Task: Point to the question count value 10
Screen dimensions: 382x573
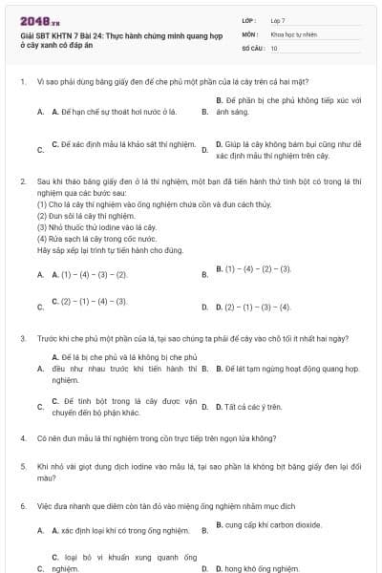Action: pos(274,47)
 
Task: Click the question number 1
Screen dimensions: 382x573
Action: pos(22,83)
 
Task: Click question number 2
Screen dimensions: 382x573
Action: pos(22,180)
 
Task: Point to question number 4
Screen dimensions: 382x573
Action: pos(22,438)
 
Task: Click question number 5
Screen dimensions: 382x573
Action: pos(22,466)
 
